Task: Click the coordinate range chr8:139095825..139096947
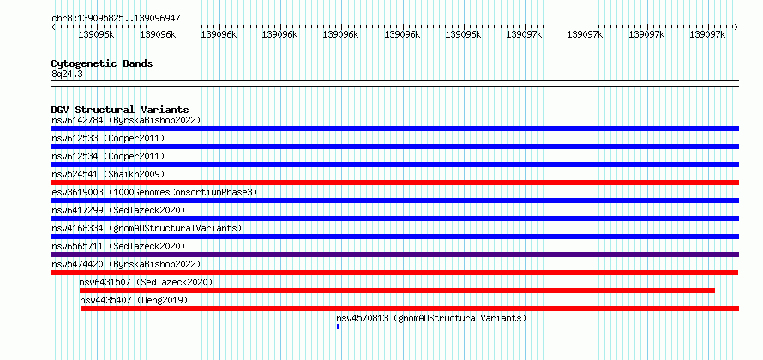[x=116, y=18]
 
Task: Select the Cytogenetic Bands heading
[x=102, y=63]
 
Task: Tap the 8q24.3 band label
[x=63, y=75]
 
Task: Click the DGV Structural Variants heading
[x=120, y=110]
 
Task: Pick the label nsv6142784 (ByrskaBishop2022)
[x=126, y=120]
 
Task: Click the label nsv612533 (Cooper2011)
[x=108, y=138]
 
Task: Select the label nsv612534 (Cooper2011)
[x=108, y=156]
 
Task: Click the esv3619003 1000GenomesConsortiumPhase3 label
[x=154, y=192]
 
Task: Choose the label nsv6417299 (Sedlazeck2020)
[x=118, y=210]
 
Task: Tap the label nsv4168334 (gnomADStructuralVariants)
[x=147, y=228]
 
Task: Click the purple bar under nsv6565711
[x=394, y=255]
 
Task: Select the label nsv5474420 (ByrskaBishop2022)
[x=126, y=264]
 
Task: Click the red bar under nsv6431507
[x=397, y=291]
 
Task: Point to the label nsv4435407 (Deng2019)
[x=134, y=300]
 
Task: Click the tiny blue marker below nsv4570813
[x=338, y=327]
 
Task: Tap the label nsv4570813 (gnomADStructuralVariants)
[x=431, y=318]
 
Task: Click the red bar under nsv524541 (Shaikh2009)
[x=394, y=183]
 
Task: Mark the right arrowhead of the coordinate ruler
[x=736, y=27]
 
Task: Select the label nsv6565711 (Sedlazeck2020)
[x=118, y=246]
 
